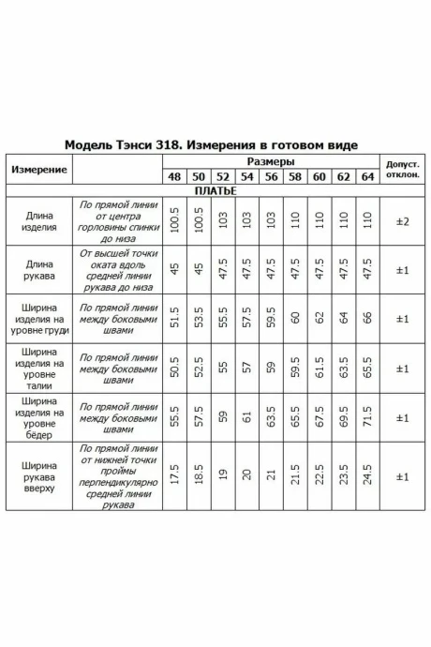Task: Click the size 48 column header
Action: click(x=174, y=176)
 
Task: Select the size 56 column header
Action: click(x=271, y=176)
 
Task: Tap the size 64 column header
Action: click(x=366, y=176)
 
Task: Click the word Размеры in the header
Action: click(x=270, y=161)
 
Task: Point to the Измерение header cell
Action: click(x=38, y=169)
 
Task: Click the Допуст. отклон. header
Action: click(x=402, y=169)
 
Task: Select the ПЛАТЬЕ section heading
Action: click(x=215, y=190)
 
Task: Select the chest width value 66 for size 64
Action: click(x=366, y=319)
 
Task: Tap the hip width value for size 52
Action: click(x=223, y=417)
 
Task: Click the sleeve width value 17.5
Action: click(x=174, y=477)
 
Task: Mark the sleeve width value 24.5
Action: click(x=366, y=477)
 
